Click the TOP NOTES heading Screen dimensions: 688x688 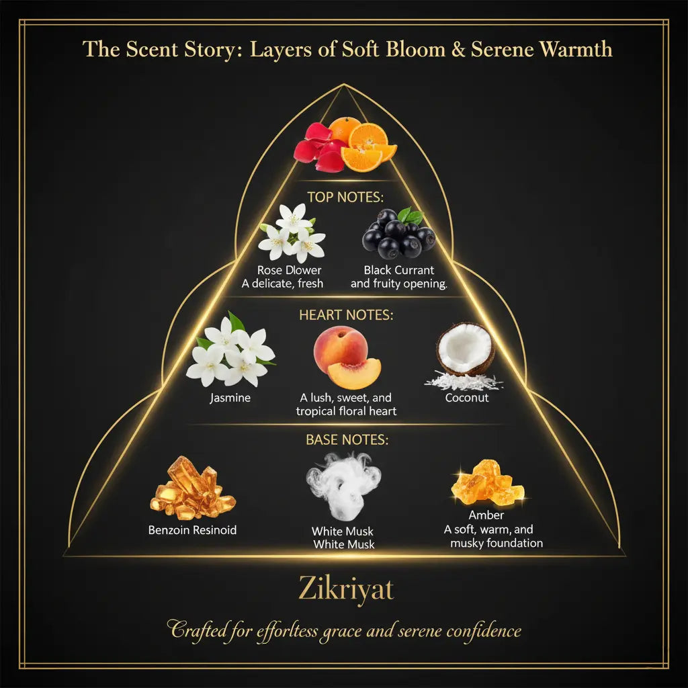coord(344,197)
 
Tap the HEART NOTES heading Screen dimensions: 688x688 coord(346,314)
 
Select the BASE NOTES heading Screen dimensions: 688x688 coord(347,440)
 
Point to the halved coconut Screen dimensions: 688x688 coord(465,349)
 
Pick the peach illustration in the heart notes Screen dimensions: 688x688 coord(347,357)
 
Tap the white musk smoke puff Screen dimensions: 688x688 coord(343,484)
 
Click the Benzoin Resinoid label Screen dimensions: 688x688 coord(192,530)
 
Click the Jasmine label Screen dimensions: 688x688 coord(230,398)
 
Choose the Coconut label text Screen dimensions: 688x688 coord(466,398)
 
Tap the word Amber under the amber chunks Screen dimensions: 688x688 coord(486,515)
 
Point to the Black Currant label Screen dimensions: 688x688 coord(399,270)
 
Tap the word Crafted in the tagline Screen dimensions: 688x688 coord(198,631)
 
